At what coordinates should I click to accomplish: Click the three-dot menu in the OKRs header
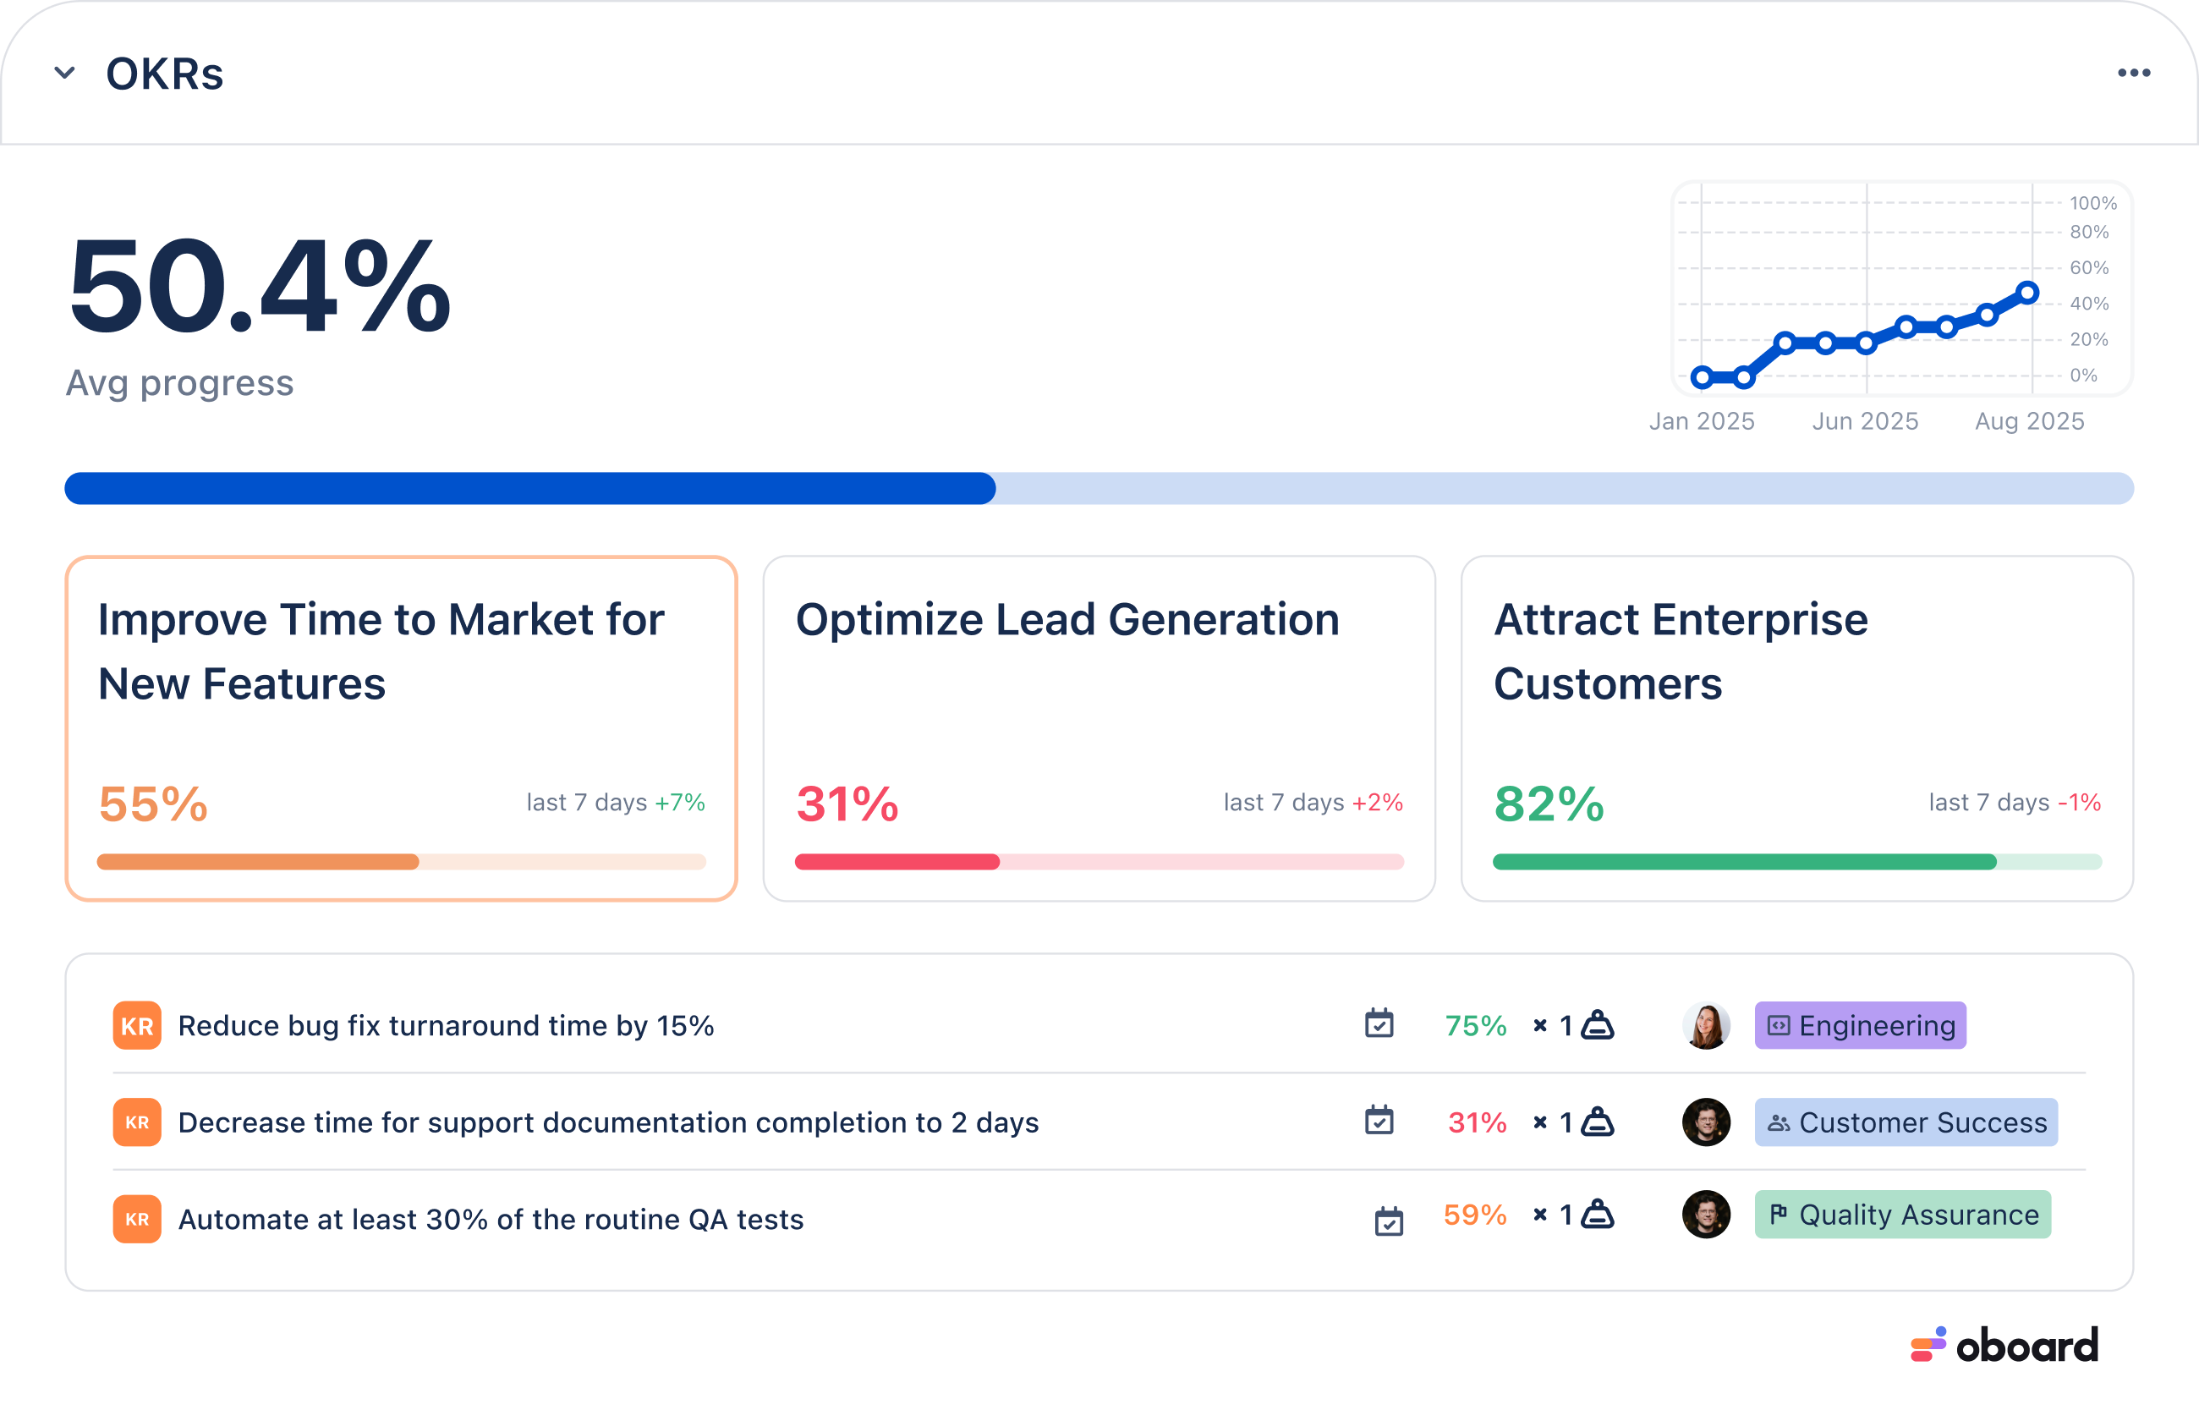tap(2134, 73)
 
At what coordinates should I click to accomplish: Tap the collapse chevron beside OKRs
tap(64, 73)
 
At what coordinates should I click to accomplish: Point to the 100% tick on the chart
tap(2092, 203)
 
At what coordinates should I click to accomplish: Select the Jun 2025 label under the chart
tap(1865, 422)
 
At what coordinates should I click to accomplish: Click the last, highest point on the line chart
tap(2026, 294)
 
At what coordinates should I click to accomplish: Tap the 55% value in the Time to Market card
tap(153, 804)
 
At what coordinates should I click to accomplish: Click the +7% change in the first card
tap(680, 803)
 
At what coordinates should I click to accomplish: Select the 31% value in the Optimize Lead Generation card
tap(847, 804)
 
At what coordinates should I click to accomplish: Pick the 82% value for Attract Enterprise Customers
tap(1549, 804)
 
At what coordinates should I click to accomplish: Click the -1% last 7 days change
tap(2079, 803)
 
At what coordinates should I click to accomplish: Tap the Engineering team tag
tap(1860, 1025)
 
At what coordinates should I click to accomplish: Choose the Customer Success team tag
tap(1906, 1122)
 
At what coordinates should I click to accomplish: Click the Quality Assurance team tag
tap(1902, 1215)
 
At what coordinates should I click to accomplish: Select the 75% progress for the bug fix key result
tap(1475, 1026)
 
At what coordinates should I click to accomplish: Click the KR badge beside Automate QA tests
tap(137, 1219)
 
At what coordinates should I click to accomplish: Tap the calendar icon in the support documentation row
tap(1379, 1120)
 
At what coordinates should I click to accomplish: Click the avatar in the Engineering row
tap(1706, 1025)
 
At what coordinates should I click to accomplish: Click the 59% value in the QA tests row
tap(1474, 1215)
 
